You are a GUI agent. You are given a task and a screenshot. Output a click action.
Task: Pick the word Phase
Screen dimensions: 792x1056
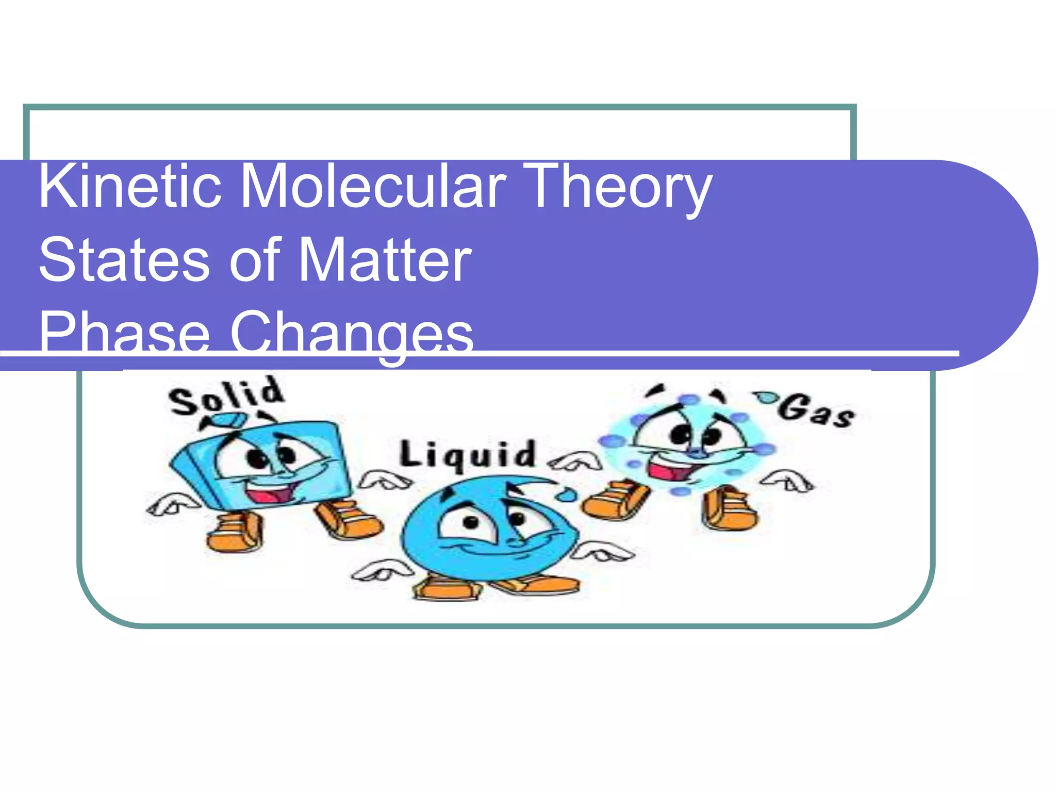pos(124,333)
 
